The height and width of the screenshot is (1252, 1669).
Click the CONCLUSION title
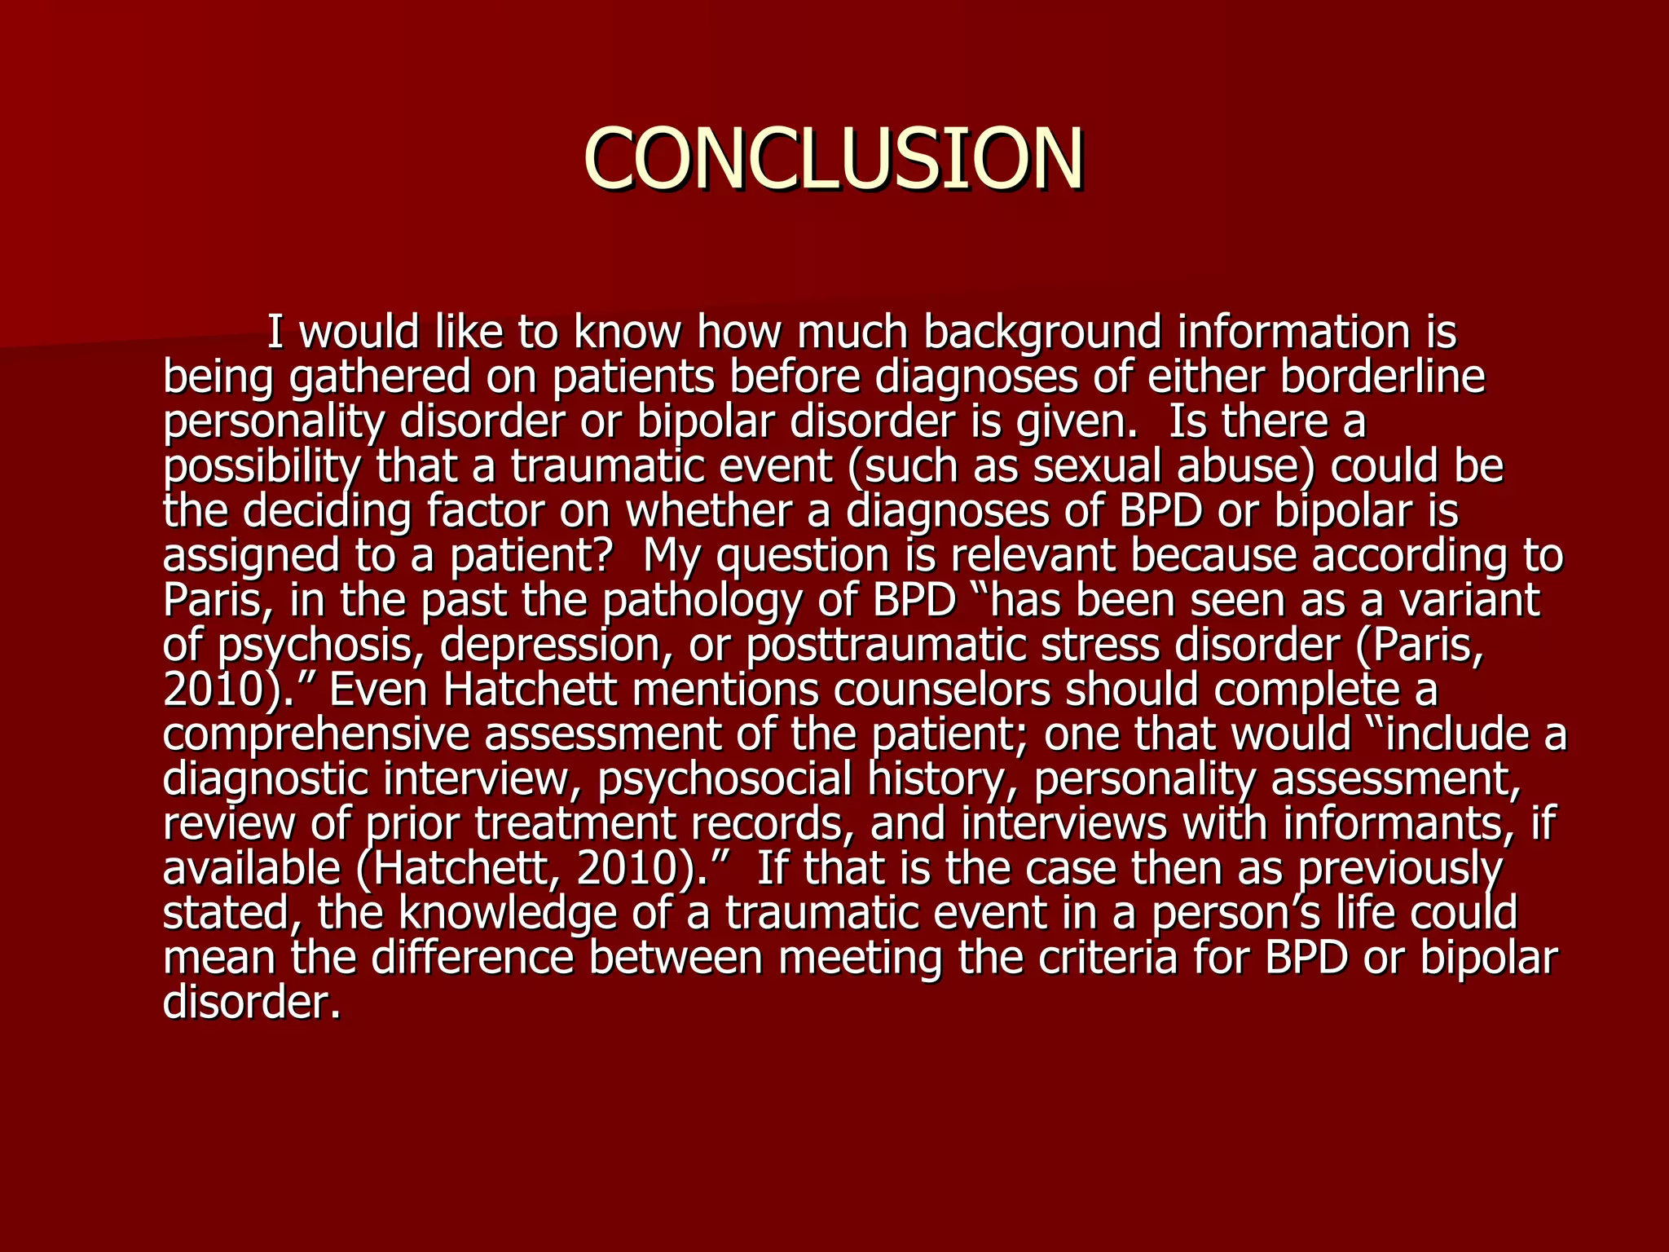[834, 158]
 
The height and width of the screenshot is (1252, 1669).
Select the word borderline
[1382, 377]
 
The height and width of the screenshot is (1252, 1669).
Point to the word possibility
[262, 467]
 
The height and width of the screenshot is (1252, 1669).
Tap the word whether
[709, 512]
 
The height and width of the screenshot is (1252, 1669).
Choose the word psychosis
[320, 646]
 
